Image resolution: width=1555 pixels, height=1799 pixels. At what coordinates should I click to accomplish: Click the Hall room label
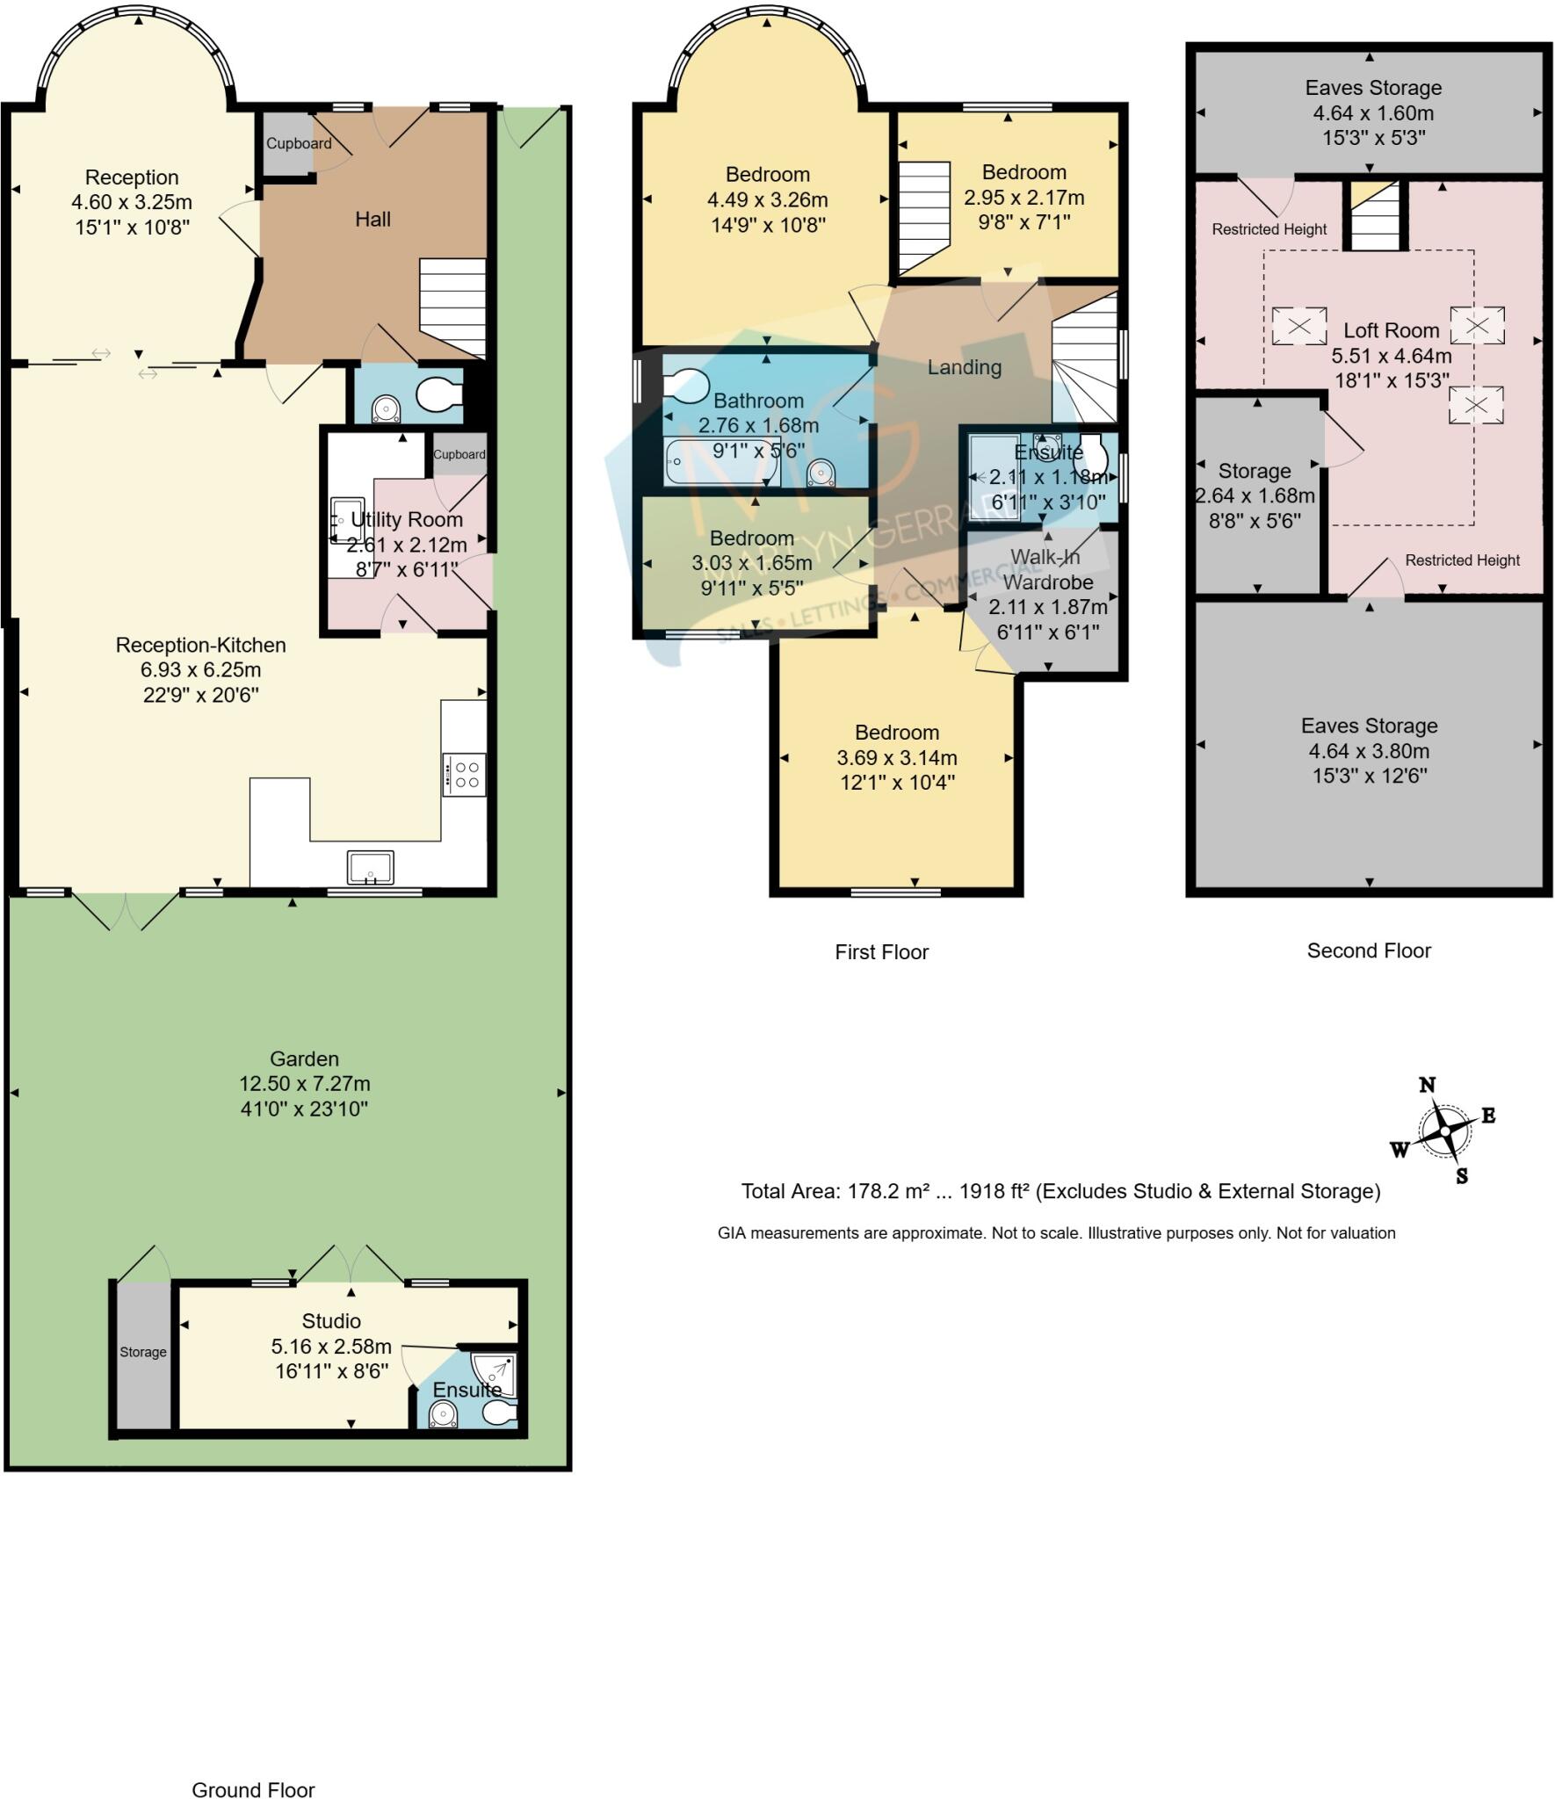pos(372,220)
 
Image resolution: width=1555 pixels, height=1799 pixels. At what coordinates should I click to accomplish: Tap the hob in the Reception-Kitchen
pos(464,774)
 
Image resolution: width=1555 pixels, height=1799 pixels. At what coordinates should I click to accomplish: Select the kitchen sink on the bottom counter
pos(371,867)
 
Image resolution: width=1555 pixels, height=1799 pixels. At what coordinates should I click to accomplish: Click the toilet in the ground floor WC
pos(438,395)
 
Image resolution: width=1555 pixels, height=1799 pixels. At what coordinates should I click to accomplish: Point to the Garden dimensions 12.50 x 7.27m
pos(304,1083)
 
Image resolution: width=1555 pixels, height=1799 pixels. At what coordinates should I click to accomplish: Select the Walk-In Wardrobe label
pos(1046,569)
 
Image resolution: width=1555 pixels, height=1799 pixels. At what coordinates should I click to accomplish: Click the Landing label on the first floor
pos(964,367)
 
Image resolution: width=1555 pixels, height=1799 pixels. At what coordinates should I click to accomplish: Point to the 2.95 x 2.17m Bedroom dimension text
pos(1023,198)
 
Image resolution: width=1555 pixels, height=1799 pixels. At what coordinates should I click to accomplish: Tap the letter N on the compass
pos(1427,1085)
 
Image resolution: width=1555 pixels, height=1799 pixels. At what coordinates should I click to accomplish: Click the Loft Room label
pos(1391,330)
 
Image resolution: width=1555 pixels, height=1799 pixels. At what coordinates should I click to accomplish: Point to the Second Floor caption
pos(1368,950)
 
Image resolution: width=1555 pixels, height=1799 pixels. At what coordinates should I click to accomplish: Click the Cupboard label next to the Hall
pos(299,143)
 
